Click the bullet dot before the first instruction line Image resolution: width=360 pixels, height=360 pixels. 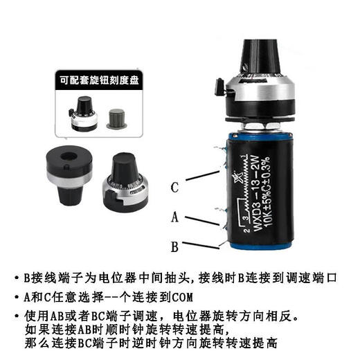click(x=17, y=278)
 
